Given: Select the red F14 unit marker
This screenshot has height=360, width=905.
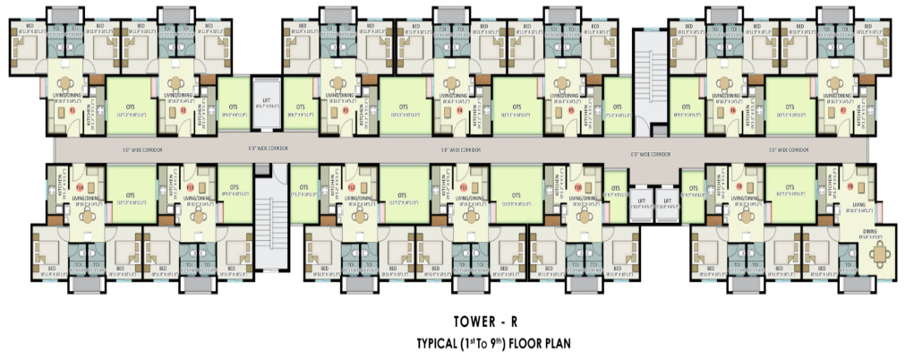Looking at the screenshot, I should [79, 186].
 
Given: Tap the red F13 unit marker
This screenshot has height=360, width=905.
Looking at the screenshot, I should [191, 186].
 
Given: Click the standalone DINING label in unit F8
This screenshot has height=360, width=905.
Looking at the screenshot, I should [871, 231].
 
